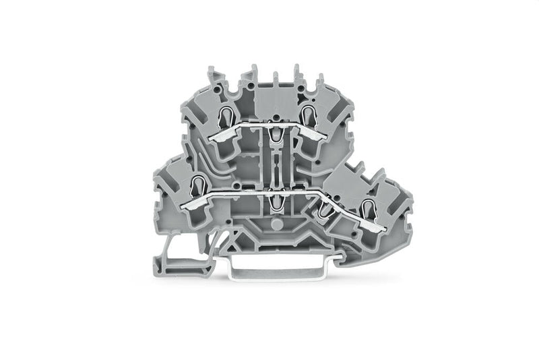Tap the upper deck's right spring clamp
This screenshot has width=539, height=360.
coord(309,115)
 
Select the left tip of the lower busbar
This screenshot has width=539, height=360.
coord(183,203)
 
